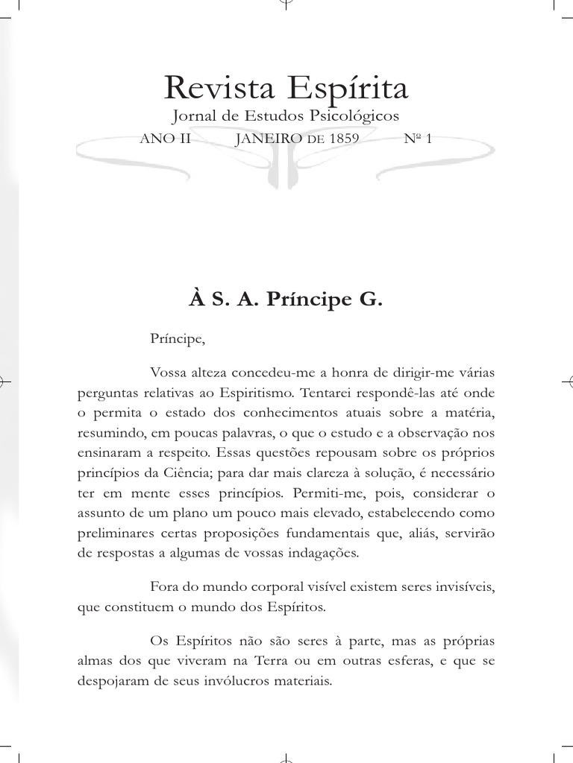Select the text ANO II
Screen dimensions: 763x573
pyautogui.click(x=166, y=139)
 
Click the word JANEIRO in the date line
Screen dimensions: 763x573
pyautogui.click(x=269, y=139)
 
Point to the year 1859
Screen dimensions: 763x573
pyautogui.click(x=342, y=139)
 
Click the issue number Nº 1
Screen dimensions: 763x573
pyautogui.click(x=417, y=139)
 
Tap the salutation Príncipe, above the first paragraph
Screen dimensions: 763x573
pyautogui.click(x=176, y=340)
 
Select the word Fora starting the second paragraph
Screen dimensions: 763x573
pyautogui.click(x=164, y=587)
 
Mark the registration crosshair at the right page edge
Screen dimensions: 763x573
pyautogui.click(x=566, y=381)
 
